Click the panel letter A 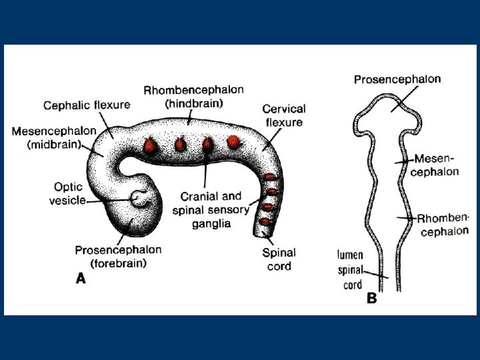coord(80,280)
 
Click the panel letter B coord(372,299)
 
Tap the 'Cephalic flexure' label coord(87,105)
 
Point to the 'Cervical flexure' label coord(284,115)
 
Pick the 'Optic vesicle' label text coord(67,193)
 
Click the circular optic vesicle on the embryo coord(140,197)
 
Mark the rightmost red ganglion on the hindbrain coord(233,141)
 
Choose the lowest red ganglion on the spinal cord coord(266,220)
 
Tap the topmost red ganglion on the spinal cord coord(269,177)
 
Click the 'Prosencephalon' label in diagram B coord(397,79)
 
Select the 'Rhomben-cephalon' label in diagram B coord(443,224)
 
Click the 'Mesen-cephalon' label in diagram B coord(435,165)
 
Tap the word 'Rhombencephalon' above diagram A coord(193,90)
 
